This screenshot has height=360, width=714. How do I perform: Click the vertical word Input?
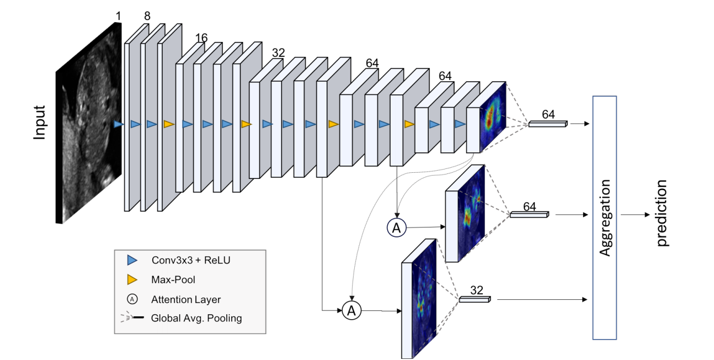point(40,123)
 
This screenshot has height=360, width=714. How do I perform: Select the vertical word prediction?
point(662,213)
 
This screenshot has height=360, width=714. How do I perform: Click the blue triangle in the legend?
point(132,260)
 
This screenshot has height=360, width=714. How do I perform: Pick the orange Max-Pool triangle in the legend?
point(132,279)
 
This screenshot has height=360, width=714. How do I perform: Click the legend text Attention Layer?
point(186,299)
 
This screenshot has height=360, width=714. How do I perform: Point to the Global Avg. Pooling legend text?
point(196,318)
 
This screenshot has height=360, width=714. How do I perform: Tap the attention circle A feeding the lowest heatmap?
point(351,310)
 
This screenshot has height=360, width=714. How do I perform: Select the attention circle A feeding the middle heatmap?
point(396,227)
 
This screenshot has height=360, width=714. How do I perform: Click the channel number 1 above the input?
point(118,16)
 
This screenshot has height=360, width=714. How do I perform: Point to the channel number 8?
point(147,16)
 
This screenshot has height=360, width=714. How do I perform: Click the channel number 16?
point(201,38)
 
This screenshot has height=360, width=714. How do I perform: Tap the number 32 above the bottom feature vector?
point(477,290)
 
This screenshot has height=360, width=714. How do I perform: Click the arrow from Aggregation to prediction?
point(635,215)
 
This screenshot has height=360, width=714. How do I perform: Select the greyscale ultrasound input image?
point(89,123)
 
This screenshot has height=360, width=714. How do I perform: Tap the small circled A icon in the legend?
point(132,299)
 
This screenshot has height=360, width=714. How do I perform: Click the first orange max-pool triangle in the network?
point(169,124)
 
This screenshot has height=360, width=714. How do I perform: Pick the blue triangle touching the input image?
point(119,124)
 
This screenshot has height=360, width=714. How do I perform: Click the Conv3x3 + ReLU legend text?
point(191,260)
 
